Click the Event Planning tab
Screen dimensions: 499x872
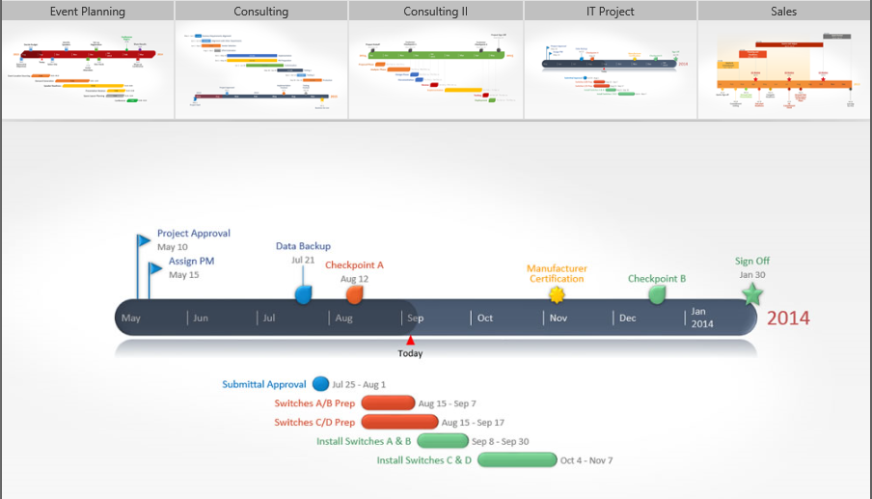[x=88, y=12]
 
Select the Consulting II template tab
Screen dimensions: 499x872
[x=436, y=12]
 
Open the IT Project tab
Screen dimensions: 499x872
[x=611, y=12]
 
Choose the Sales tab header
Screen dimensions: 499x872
[x=784, y=12]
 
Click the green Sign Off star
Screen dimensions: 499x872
[x=752, y=294]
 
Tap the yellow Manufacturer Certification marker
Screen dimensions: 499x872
[x=557, y=294]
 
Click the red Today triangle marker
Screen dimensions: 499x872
[x=410, y=340]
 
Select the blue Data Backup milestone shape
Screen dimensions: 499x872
[x=304, y=294]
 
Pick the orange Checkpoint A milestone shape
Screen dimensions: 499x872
[x=355, y=294]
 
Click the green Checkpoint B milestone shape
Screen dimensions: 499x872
[x=657, y=294]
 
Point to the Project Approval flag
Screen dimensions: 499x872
[x=144, y=240]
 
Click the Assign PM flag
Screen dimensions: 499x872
[x=155, y=267]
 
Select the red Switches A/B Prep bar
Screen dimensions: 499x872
[x=388, y=403]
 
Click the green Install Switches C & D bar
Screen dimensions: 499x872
[x=517, y=459]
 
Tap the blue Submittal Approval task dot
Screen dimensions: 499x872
[x=320, y=384]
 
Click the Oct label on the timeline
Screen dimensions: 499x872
[x=485, y=318]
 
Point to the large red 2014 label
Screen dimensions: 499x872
[x=788, y=319]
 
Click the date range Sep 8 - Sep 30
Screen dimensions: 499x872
[x=500, y=441]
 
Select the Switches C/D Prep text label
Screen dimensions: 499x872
[x=314, y=422]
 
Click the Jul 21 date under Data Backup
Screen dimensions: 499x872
[x=303, y=260]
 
